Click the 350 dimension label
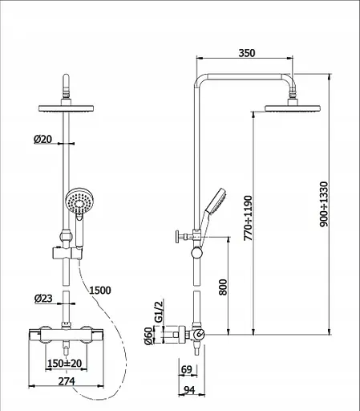tap(247, 53)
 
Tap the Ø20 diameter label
tap(42, 139)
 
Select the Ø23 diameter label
tap(43, 299)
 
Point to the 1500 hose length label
tap(100, 291)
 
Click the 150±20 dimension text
tap(64, 364)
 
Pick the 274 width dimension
tap(67, 381)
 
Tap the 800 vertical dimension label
tap(223, 287)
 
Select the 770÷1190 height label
tap(248, 218)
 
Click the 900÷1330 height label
tap(324, 204)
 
